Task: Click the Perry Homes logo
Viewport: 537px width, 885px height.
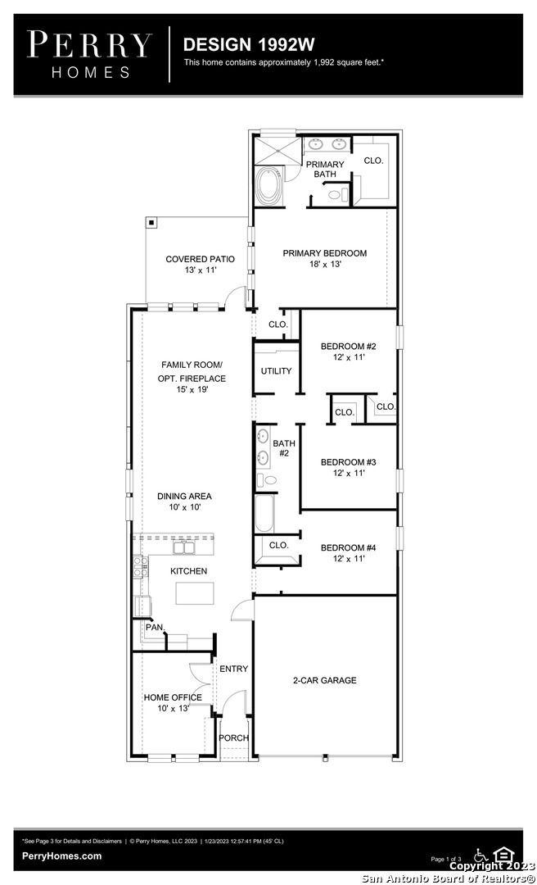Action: point(89,55)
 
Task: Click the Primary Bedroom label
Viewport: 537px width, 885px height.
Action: point(325,258)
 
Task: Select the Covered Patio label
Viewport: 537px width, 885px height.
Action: point(201,265)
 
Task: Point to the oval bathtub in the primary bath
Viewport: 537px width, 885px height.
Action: point(266,186)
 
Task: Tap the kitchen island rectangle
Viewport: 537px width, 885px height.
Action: point(195,593)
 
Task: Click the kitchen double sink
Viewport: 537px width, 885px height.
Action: point(184,547)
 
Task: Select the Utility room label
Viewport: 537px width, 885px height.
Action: point(277,371)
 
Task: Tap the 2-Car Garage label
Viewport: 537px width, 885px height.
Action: point(325,680)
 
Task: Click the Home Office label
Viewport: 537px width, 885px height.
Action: point(173,703)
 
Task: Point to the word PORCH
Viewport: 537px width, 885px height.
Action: point(234,737)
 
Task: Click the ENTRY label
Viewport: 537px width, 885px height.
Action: point(233,669)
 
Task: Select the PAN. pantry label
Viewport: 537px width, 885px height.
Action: point(155,627)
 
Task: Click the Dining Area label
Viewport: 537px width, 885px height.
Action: point(184,501)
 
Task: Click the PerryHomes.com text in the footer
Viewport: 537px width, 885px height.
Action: point(62,855)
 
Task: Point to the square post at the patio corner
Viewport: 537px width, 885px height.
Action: point(151,222)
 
